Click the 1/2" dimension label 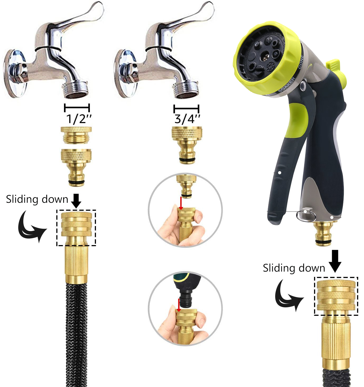pyautogui.click(x=79, y=119)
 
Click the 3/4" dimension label pyautogui.click(x=187, y=119)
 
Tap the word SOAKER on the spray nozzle pyautogui.click(x=287, y=84)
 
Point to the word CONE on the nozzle pyautogui.click(x=301, y=62)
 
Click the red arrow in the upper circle pyautogui.click(x=181, y=203)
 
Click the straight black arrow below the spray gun pyautogui.click(x=335, y=261)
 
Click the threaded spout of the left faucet pyautogui.click(x=76, y=89)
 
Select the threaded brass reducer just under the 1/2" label pyautogui.click(x=76, y=135)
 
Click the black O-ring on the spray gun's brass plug pyautogui.click(x=324, y=241)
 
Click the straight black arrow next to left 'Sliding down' pyautogui.click(x=76, y=201)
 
